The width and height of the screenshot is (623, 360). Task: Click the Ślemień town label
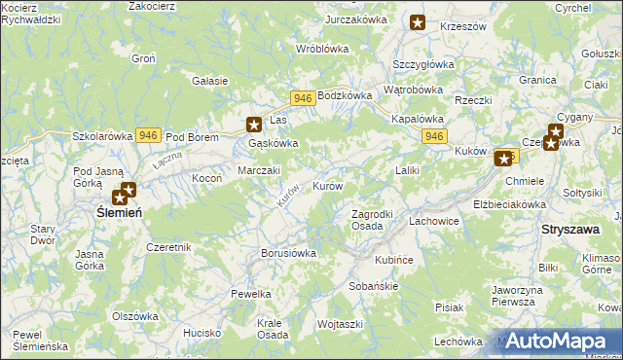pos(119,211)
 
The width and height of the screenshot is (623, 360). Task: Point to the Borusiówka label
pos(289,253)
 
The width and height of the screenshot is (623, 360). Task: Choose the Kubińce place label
pos(394,261)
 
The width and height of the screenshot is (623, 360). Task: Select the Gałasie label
pos(210,81)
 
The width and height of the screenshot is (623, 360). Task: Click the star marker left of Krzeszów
pos(418,22)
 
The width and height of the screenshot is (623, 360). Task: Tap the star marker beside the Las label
pos(254,124)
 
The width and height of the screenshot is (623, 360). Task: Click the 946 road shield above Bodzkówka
pos(302,98)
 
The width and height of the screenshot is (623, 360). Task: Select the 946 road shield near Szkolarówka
pos(148,135)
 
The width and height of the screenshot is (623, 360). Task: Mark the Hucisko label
pos(202,333)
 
